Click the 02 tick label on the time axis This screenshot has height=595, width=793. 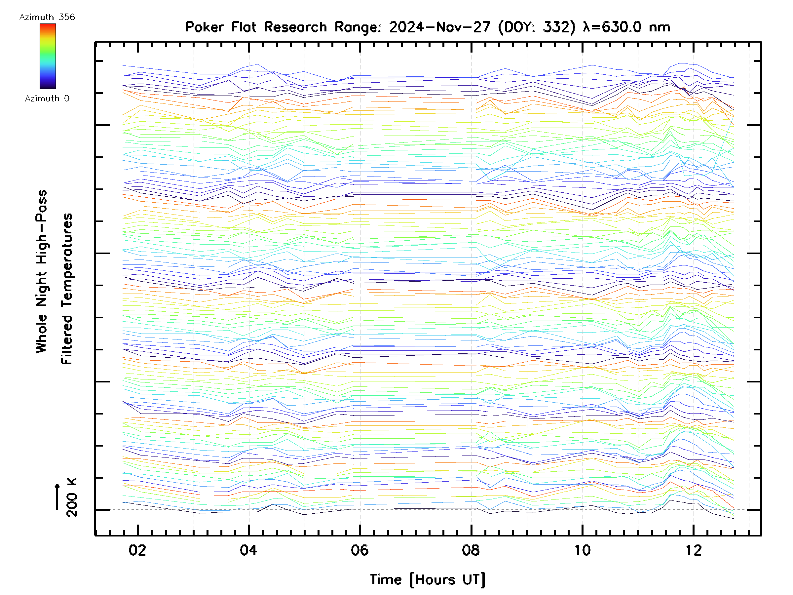click(x=137, y=550)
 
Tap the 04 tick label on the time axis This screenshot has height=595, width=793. click(x=248, y=550)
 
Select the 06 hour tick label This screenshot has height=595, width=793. click(x=359, y=550)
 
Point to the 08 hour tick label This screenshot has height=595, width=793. click(x=471, y=550)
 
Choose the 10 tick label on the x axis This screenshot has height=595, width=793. click(x=582, y=550)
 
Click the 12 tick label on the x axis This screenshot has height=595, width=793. click(x=693, y=550)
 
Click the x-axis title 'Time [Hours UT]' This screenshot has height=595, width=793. click(x=427, y=579)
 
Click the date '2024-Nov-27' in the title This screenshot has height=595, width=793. click(x=439, y=27)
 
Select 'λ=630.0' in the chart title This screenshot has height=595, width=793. click(x=612, y=27)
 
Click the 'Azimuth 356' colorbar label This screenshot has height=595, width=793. click(x=47, y=17)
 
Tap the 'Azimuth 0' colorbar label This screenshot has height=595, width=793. click(x=47, y=99)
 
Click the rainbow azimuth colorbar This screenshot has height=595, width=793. click(x=48, y=56)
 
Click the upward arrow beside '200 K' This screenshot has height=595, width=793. click(x=57, y=496)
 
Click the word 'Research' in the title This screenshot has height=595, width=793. click(x=295, y=27)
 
